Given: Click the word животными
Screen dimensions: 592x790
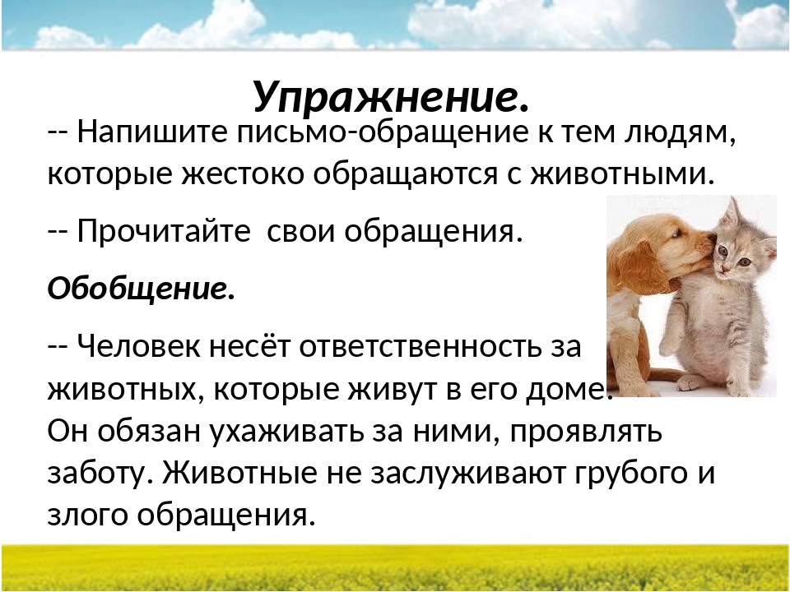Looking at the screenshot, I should pos(623,175).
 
